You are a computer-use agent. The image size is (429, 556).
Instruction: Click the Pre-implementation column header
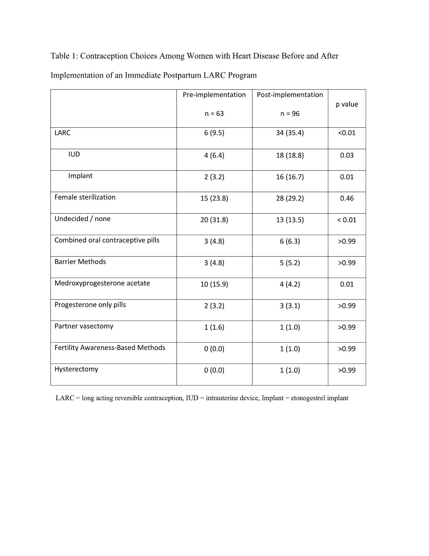(214, 95)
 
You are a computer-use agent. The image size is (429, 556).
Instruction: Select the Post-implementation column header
(290, 95)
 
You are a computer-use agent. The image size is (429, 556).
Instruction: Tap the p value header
(347, 104)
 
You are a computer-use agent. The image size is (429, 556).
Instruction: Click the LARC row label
(62, 133)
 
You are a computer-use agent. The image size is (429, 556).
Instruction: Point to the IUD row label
(74, 154)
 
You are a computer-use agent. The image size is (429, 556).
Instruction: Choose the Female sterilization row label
(85, 197)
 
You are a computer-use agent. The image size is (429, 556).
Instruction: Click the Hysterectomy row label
(76, 369)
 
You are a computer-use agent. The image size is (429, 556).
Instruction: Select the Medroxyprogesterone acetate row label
(102, 283)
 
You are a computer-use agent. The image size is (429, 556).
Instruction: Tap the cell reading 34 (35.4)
(290, 133)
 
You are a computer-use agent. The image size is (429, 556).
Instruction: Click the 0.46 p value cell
(347, 198)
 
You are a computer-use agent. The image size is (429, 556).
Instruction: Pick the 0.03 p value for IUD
(347, 156)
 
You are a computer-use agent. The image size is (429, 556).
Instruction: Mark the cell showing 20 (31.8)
(214, 220)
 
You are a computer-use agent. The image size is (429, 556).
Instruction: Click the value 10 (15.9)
(214, 284)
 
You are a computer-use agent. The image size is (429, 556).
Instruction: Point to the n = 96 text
(290, 114)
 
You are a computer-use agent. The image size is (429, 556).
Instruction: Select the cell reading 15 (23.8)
(214, 198)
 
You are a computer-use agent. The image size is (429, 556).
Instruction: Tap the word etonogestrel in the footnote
(308, 398)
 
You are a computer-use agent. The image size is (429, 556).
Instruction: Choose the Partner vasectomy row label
(84, 326)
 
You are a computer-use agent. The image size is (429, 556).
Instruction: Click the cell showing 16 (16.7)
(290, 177)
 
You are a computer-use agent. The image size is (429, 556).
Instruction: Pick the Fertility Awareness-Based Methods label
(110, 348)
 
